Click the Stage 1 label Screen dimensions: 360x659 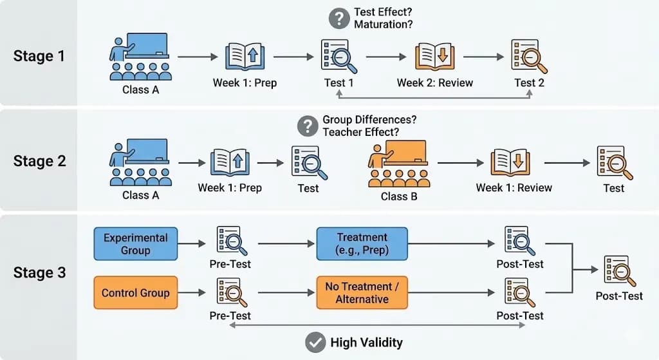click(39, 56)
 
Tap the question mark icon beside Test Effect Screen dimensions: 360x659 click(339, 19)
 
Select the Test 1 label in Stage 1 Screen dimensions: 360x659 click(339, 83)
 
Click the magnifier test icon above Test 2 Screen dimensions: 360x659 click(528, 57)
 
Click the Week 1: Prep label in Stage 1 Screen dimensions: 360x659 click(245, 83)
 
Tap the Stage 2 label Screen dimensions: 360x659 click(39, 161)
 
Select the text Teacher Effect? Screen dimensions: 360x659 click(361, 132)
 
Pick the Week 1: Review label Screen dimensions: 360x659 click(514, 188)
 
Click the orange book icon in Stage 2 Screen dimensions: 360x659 click(510, 163)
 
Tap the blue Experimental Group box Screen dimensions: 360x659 click(135, 243)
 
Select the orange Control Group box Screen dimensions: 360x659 click(135, 292)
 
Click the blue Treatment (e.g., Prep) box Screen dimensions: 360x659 click(362, 243)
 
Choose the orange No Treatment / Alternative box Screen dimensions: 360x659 click(362, 292)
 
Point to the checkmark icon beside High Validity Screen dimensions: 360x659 click(315, 343)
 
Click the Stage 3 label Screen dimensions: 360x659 click(39, 272)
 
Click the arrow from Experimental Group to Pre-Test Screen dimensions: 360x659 click(192, 243)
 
